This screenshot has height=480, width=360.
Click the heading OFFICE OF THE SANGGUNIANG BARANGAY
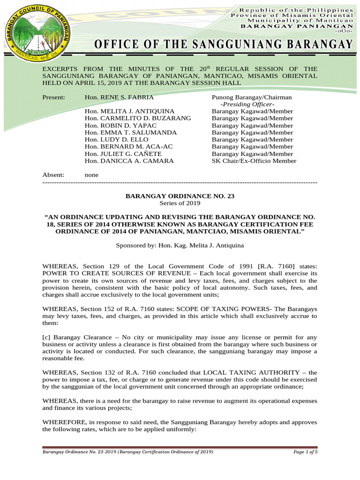223,45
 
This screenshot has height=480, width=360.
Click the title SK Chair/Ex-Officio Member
254,161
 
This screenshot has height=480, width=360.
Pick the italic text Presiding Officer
247,104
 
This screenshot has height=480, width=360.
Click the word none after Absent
91,174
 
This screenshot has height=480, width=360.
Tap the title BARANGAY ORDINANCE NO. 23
180,196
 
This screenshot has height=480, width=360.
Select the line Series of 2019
180,203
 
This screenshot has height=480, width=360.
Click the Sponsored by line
180,245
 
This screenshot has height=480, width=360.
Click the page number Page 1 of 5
305,452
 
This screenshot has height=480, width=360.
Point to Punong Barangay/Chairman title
252,97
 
